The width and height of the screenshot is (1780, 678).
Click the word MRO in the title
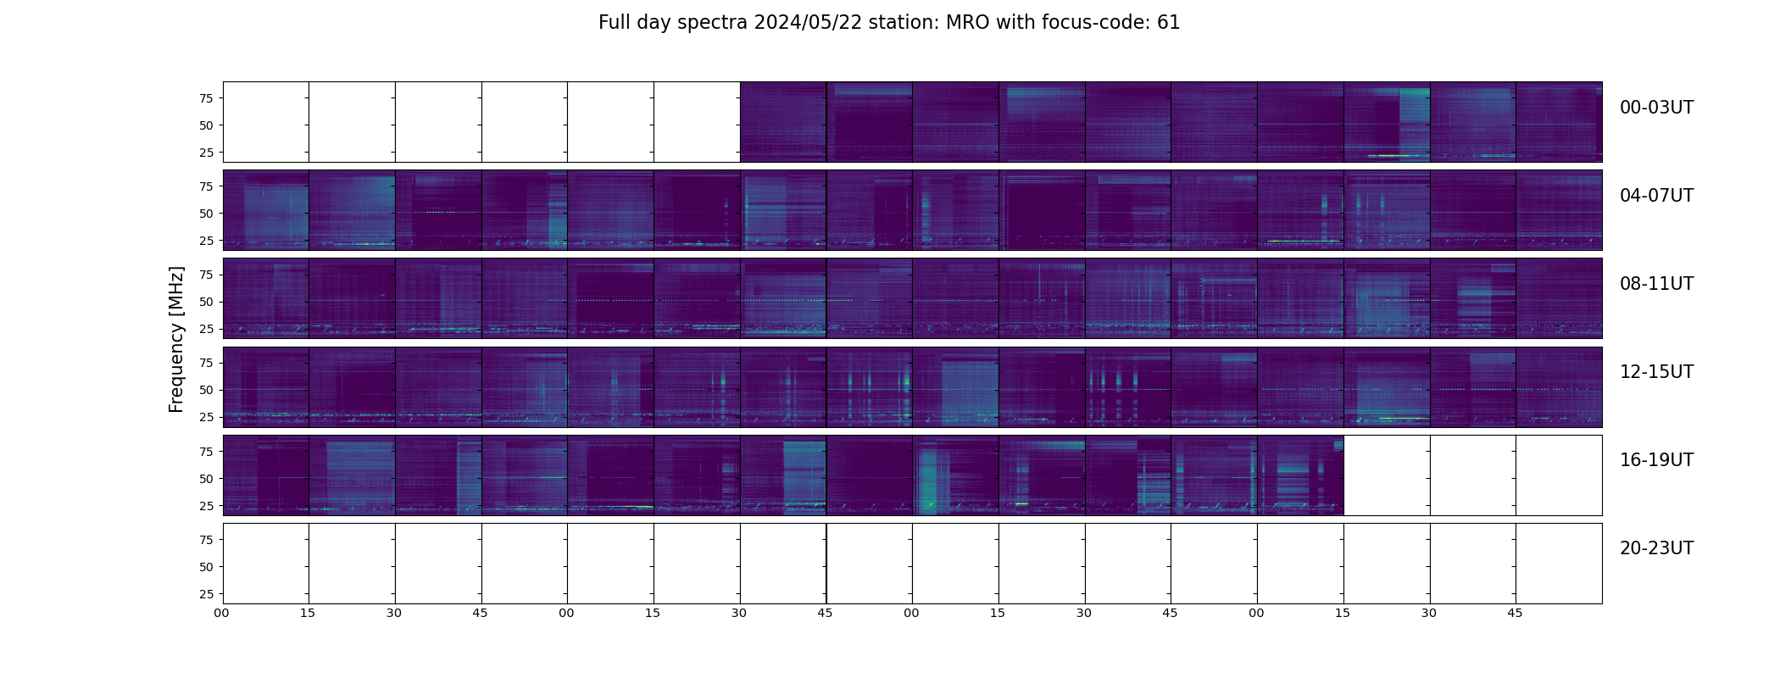pos(960,23)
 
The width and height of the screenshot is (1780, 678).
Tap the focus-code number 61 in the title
pos(1168,23)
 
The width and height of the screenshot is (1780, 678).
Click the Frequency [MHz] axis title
pos(176,339)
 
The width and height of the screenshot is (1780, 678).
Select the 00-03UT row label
pos(1656,108)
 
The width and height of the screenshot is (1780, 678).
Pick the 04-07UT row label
pos(1656,196)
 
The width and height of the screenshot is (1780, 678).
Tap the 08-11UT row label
pos(1656,284)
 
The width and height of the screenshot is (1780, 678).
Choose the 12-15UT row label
pos(1656,372)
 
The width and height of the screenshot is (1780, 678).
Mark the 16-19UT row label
pos(1656,460)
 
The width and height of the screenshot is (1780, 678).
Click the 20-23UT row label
pos(1656,548)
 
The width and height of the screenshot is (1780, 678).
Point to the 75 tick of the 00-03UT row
pos(205,98)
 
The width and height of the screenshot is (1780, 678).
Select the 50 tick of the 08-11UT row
pos(205,302)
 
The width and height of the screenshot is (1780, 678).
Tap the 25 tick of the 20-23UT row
pos(205,594)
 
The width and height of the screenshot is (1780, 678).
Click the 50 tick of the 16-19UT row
pos(205,479)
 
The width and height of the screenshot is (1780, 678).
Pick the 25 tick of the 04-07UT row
pos(205,241)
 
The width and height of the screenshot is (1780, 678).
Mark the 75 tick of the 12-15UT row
pos(205,363)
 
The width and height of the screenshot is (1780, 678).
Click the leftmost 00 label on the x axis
pos(222,613)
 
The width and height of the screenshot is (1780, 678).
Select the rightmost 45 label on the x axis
pos(1515,613)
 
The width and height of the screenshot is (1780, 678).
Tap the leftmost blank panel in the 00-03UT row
pos(265,121)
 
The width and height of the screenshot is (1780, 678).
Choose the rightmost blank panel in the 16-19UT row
pos(1558,475)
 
